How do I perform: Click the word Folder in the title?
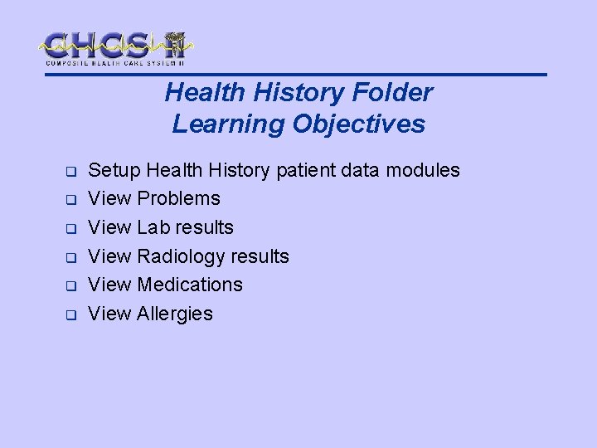pos(395,93)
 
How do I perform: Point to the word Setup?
pos(114,170)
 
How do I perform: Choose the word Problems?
pos(178,198)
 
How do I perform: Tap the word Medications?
pos(190,285)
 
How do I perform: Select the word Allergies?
pos(175,314)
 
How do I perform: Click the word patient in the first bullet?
pos(304,170)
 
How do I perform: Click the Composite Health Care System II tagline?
pos(114,63)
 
